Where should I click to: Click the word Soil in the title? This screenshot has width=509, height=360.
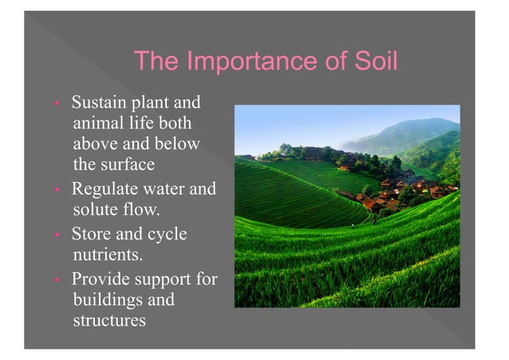click(373, 61)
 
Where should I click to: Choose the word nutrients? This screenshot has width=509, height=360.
click(107, 256)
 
